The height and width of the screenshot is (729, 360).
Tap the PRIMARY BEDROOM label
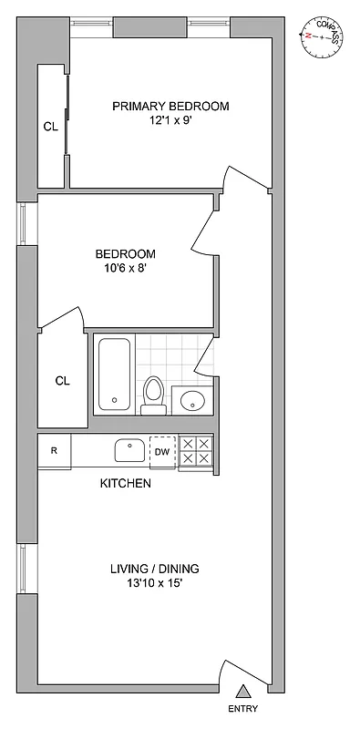pos(170,107)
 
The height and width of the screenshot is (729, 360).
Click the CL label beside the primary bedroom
pos(50,127)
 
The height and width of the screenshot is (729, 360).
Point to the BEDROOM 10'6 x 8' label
pos(126,262)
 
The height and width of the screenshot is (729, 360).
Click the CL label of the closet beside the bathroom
pos(62,380)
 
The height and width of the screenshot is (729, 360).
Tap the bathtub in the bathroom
pos(114,375)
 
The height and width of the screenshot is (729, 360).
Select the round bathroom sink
pos(191,399)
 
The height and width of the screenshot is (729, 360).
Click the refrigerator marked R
pos(55,451)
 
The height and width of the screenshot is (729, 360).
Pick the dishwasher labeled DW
pos(161,451)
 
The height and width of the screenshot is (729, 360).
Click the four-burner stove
pos(196,451)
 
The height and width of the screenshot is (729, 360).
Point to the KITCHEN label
pos(125,484)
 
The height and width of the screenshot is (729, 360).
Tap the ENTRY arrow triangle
pos(242,692)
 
